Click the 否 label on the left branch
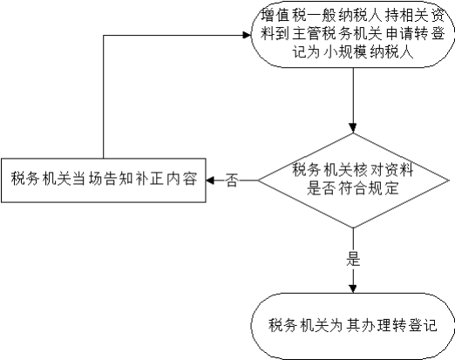232,180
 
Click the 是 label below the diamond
353,259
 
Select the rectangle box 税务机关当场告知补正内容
104,180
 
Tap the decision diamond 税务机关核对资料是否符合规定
353,180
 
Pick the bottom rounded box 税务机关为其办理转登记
353,326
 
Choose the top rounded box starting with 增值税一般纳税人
353,34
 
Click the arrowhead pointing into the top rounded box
247,36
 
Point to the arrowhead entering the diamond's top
353,128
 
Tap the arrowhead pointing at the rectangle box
210,180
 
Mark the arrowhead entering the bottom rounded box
353,289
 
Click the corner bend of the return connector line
104,36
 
